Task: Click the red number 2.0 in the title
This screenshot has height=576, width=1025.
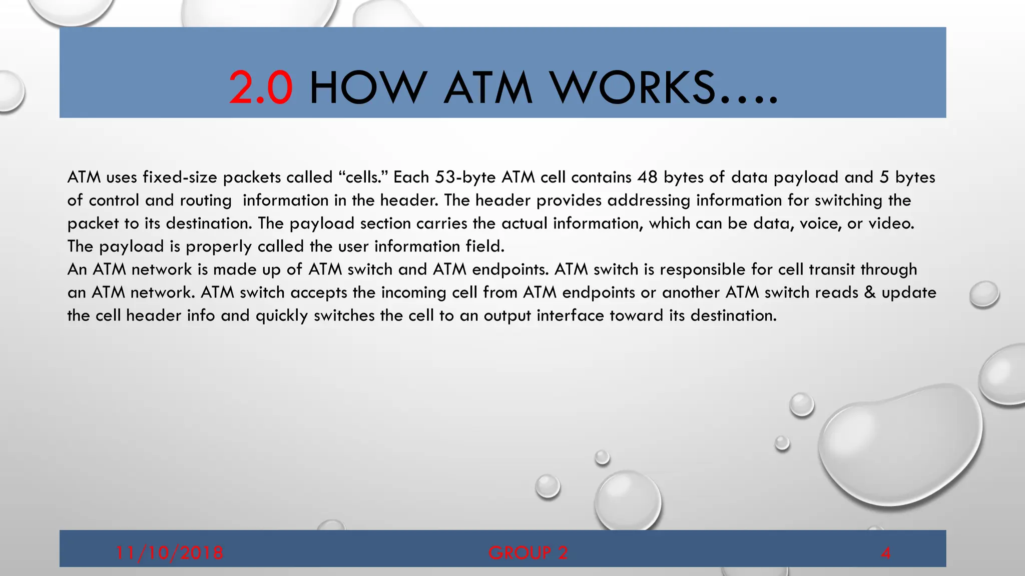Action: [x=261, y=88]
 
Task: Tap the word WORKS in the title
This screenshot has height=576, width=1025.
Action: [x=633, y=88]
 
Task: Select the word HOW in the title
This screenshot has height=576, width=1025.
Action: [x=368, y=88]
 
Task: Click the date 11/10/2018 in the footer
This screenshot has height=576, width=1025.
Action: [x=169, y=552]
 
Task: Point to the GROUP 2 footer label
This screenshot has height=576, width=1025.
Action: [x=528, y=552]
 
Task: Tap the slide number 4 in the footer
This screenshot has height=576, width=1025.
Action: [x=885, y=553]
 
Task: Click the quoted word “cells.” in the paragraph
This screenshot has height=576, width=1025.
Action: [x=364, y=177]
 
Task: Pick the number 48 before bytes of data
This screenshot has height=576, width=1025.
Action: [x=648, y=177]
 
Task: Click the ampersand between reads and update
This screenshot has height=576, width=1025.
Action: [x=870, y=292]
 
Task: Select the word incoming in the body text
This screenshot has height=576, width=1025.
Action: [x=413, y=293]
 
